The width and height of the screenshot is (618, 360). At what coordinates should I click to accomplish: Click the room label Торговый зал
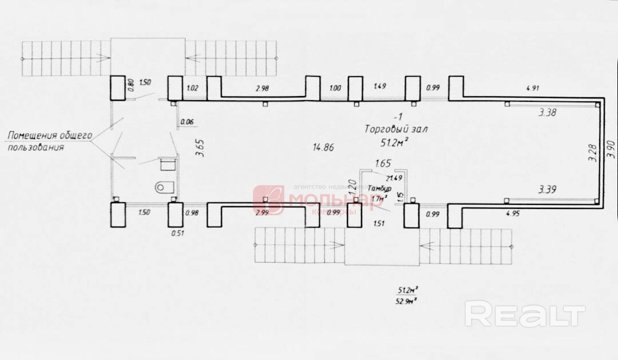394,129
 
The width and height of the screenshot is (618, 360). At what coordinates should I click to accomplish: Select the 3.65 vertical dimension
199,147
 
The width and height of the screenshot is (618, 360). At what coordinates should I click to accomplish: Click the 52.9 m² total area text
407,300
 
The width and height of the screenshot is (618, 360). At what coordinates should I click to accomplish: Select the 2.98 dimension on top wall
262,88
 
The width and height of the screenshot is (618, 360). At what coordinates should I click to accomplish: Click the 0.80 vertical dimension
130,85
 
